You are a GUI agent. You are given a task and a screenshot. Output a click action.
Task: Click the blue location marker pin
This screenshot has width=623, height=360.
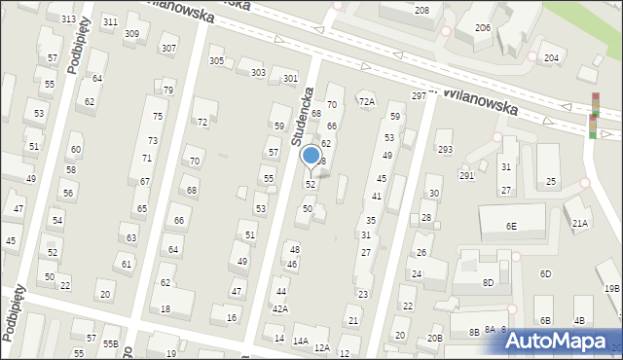click(311, 157)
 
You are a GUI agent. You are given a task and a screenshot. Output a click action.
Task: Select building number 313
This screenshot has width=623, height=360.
click(68, 19)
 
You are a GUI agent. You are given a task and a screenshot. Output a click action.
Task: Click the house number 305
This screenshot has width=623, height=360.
click(216, 61)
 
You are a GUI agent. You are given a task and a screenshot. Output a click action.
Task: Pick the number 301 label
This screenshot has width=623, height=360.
click(289, 78)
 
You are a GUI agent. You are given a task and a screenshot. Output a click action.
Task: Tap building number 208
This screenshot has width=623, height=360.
click(421, 10)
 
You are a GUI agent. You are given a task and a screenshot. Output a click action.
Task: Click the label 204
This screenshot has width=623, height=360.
click(551, 58)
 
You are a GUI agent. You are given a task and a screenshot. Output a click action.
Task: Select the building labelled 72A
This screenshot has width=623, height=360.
click(366, 101)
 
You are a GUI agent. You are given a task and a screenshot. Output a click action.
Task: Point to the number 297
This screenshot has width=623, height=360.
click(419, 95)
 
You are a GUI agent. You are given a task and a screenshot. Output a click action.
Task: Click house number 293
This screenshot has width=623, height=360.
click(445, 149)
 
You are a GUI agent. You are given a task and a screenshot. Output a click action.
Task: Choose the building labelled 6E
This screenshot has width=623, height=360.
click(511, 226)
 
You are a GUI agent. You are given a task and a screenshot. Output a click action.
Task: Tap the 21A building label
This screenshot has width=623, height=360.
click(579, 224)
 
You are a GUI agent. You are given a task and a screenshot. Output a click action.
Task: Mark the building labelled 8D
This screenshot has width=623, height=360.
click(489, 282)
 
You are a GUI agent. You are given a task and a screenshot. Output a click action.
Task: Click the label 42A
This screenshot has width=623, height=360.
click(279, 309)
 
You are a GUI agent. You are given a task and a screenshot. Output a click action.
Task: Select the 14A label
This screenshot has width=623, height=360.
click(301, 342)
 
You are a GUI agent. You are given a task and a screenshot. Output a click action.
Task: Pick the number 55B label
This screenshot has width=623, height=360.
click(111, 343)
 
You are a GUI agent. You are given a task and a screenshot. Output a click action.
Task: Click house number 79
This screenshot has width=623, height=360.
click(168, 90)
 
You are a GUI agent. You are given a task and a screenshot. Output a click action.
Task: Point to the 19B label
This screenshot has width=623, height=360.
click(611, 289)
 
